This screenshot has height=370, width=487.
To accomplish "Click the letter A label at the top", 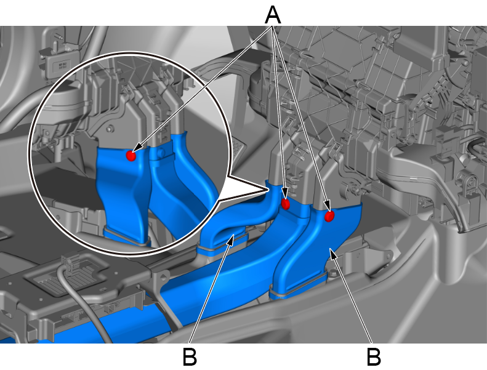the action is (273, 15).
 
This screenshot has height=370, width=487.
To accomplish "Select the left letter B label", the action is (190, 356).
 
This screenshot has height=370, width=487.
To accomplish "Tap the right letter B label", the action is (374, 356).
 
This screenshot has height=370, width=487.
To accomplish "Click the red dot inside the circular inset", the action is (131, 156).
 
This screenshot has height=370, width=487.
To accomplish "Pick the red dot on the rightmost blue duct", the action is (329, 216).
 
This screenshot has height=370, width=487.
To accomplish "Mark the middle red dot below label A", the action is (285, 204).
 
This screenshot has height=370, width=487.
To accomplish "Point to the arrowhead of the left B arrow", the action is (231, 239).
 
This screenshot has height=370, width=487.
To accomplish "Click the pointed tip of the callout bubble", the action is (267, 188).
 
